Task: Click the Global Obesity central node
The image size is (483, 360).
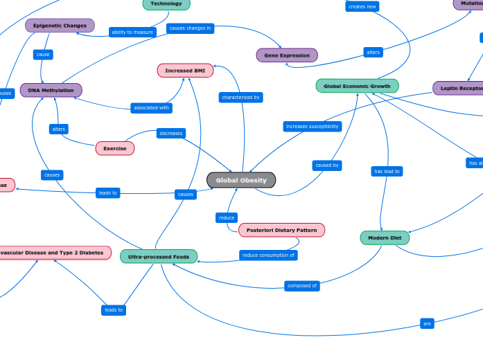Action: (241, 180)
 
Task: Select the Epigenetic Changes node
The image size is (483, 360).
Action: (60, 26)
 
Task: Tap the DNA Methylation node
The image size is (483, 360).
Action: (51, 90)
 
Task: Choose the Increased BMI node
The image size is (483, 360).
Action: (185, 71)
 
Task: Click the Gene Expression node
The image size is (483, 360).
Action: (287, 55)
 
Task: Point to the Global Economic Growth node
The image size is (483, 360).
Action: (357, 86)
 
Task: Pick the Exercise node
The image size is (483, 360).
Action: (115, 148)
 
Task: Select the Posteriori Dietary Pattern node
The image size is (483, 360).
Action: (281, 230)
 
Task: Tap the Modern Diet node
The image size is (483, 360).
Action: (385, 237)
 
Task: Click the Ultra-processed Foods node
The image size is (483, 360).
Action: (159, 256)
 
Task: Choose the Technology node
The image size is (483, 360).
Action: (166, 4)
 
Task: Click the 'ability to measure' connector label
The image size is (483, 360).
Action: (132, 32)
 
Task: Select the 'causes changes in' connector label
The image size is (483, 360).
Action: (190, 28)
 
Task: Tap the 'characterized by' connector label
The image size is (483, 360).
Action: (240, 98)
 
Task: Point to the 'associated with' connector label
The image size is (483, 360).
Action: (151, 107)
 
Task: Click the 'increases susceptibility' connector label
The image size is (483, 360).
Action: (312, 127)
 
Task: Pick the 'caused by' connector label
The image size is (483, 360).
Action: (327, 165)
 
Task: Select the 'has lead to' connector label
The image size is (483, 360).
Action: (387, 171)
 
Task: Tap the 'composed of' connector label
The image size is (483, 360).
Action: (302, 285)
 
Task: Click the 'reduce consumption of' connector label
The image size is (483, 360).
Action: (268, 255)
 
